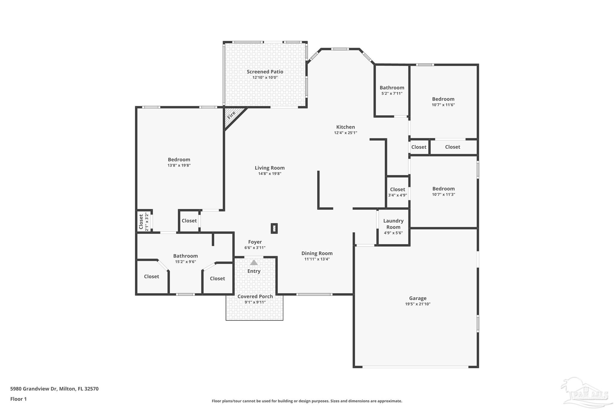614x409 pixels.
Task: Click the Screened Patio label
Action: (265, 72)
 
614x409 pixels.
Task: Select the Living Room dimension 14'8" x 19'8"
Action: (270, 174)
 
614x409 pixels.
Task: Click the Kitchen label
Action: (345, 127)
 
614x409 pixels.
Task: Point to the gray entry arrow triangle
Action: (254, 263)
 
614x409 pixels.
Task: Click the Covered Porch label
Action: (255, 296)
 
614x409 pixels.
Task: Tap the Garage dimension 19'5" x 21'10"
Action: (418, 304)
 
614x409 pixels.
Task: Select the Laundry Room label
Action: (393, 224)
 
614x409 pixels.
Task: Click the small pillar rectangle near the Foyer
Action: (274, 228)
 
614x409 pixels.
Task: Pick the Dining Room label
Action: (317, 253)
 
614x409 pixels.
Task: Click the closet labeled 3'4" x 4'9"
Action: (398, 192)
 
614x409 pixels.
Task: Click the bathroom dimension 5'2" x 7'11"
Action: (392, 93)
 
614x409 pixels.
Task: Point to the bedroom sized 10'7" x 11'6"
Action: (443, 102)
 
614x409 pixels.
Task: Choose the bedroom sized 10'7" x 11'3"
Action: (443, 191)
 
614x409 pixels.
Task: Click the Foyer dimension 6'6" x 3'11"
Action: (255, 248)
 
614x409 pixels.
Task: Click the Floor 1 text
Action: (19, 399)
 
